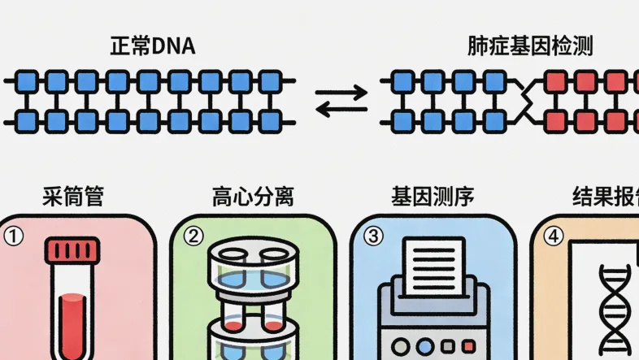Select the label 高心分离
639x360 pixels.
[x=253, y=197]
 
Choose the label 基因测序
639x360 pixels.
[x=432, y=197]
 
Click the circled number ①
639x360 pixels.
[x=13, y=236]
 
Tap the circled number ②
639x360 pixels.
[x=193, y=236]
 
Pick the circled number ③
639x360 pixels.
[x=372, y=236]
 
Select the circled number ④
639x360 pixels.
[x=553, y=236]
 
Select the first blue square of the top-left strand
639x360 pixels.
[x=25, y=80]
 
